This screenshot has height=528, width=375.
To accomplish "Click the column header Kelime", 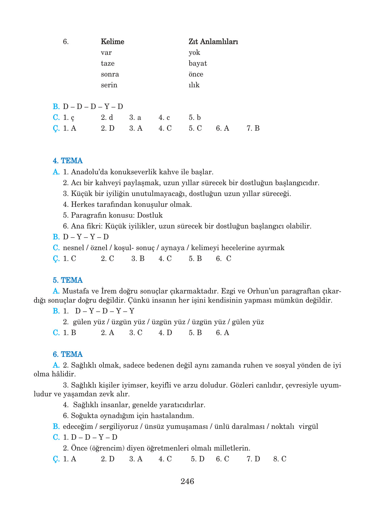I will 112,42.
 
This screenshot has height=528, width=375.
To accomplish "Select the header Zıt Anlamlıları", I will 213,42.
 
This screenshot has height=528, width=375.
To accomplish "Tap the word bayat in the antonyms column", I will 198,63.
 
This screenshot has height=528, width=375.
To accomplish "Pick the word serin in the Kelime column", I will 109,85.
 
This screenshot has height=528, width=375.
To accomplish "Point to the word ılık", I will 194,85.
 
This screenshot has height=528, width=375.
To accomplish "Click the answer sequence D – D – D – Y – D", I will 93,107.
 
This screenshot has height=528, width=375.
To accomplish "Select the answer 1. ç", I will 68,117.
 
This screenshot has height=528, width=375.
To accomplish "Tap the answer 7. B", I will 253,128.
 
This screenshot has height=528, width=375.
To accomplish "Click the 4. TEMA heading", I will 68,161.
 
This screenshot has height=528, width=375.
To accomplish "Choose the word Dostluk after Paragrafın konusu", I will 150,215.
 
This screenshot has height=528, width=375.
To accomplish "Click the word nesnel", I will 73,248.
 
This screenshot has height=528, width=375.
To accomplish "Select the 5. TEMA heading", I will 68,280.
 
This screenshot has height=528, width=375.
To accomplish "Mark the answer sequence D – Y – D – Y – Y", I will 105,311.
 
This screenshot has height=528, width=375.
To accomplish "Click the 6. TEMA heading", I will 68,354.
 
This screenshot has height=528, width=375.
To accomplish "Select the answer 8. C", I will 280,459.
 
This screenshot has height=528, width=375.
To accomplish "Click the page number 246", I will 187,481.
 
